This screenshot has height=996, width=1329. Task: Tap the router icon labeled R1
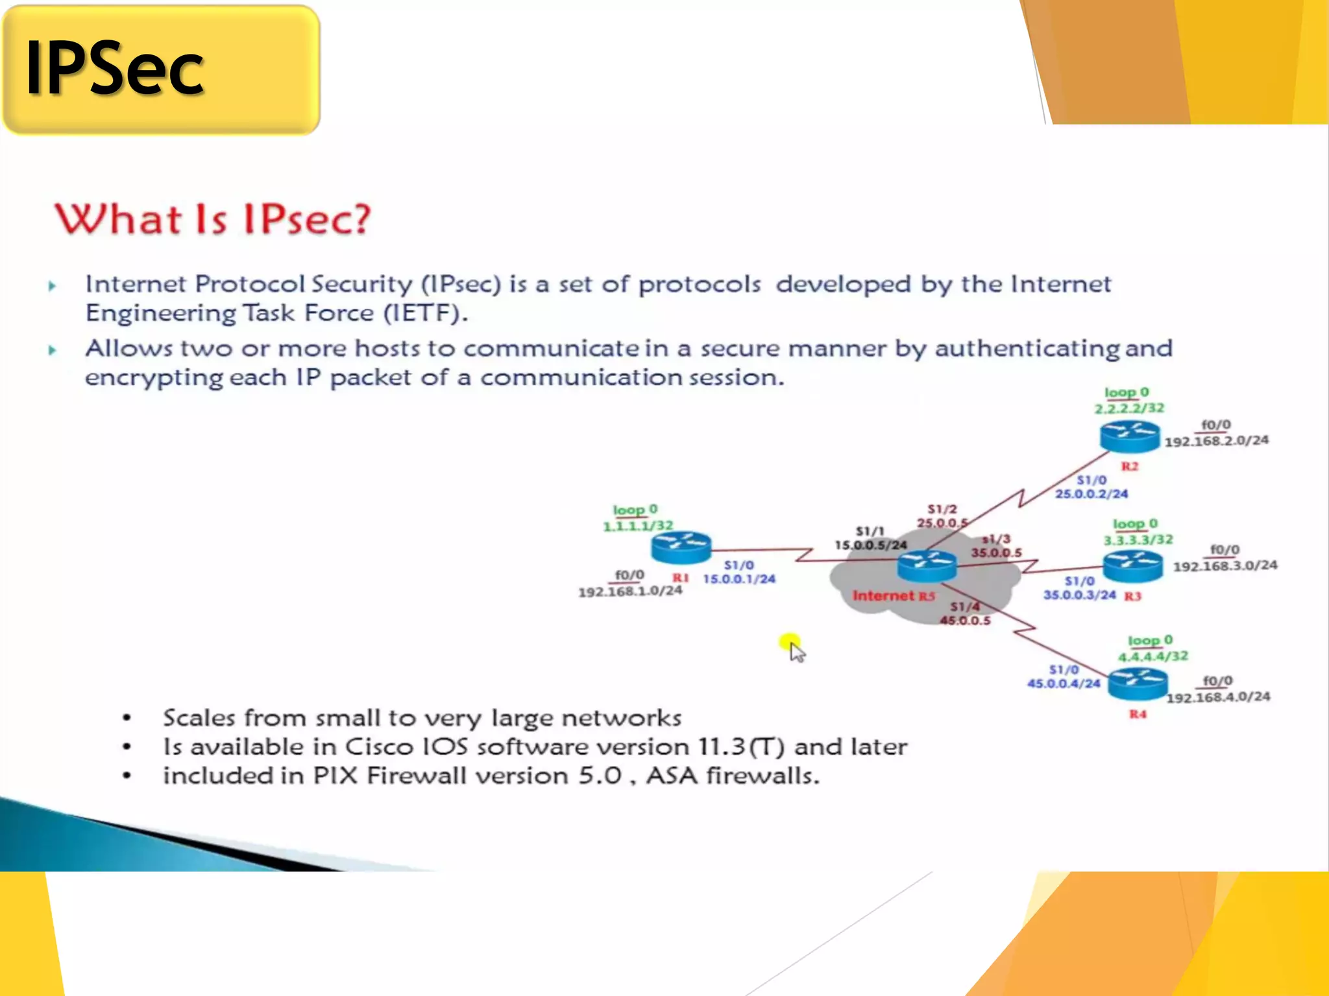[x=681, y=548]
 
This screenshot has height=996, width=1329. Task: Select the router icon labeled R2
[x=1129, y=436]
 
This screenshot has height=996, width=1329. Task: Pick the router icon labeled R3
[x=1133, y=566]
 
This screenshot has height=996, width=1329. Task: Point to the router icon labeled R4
[x=1137, y=685]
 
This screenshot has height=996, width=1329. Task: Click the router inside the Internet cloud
[x=927, y=566]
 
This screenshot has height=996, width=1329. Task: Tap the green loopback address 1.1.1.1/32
[x=638, y=526]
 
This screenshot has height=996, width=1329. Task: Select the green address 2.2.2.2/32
[x=1129, y=409]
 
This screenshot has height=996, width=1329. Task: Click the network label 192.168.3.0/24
[x=1225, y=566]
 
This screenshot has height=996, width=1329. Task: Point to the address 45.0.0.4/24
[x=1064, y=683]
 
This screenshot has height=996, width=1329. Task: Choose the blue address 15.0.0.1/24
[x=739, y=579]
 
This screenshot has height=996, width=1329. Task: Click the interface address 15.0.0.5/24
[x=870, y=545]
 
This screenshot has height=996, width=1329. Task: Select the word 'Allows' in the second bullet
[x=128, y=349]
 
